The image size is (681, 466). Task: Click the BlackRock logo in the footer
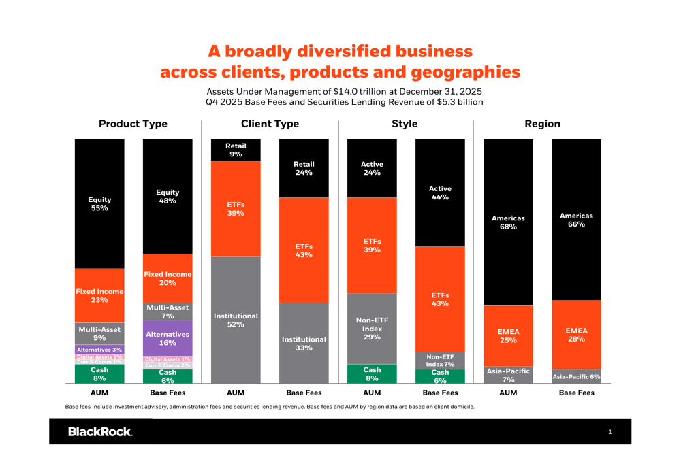99,432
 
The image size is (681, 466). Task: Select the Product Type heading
133,124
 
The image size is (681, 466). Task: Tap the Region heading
542,124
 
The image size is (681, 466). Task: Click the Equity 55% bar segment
99,204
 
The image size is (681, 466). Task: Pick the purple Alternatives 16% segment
168,338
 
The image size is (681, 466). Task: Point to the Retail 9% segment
236,150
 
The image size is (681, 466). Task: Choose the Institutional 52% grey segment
236,320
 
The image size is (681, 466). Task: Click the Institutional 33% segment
304,344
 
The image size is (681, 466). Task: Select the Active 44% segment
440,193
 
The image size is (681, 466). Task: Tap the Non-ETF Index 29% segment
372,329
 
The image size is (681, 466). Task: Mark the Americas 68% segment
508,222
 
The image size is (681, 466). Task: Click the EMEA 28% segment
576,335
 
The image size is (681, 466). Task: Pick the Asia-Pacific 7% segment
508,376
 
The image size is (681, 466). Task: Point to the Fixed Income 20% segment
168,278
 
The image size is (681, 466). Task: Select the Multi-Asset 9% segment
99,333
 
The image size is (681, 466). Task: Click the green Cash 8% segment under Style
372,374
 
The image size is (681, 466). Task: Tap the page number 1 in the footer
610,432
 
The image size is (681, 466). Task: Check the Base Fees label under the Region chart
576,393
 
